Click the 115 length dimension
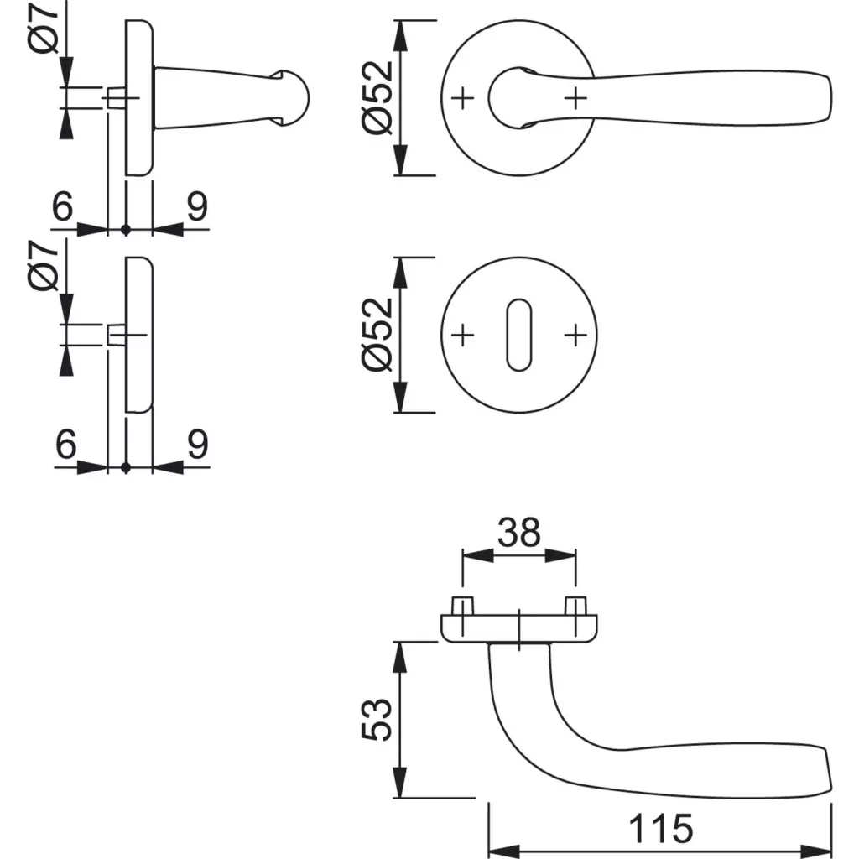[661, 829]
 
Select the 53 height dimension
[379, 719]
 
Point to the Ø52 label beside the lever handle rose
[377, 97]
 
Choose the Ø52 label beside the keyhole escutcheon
[377, 334]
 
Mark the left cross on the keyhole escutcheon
[462, 336]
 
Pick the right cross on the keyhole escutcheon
[575, 336]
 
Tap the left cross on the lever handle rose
[462, 99]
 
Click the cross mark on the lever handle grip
[575, 99]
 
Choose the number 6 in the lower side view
[65, 445]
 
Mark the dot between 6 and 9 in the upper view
[126, 229]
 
